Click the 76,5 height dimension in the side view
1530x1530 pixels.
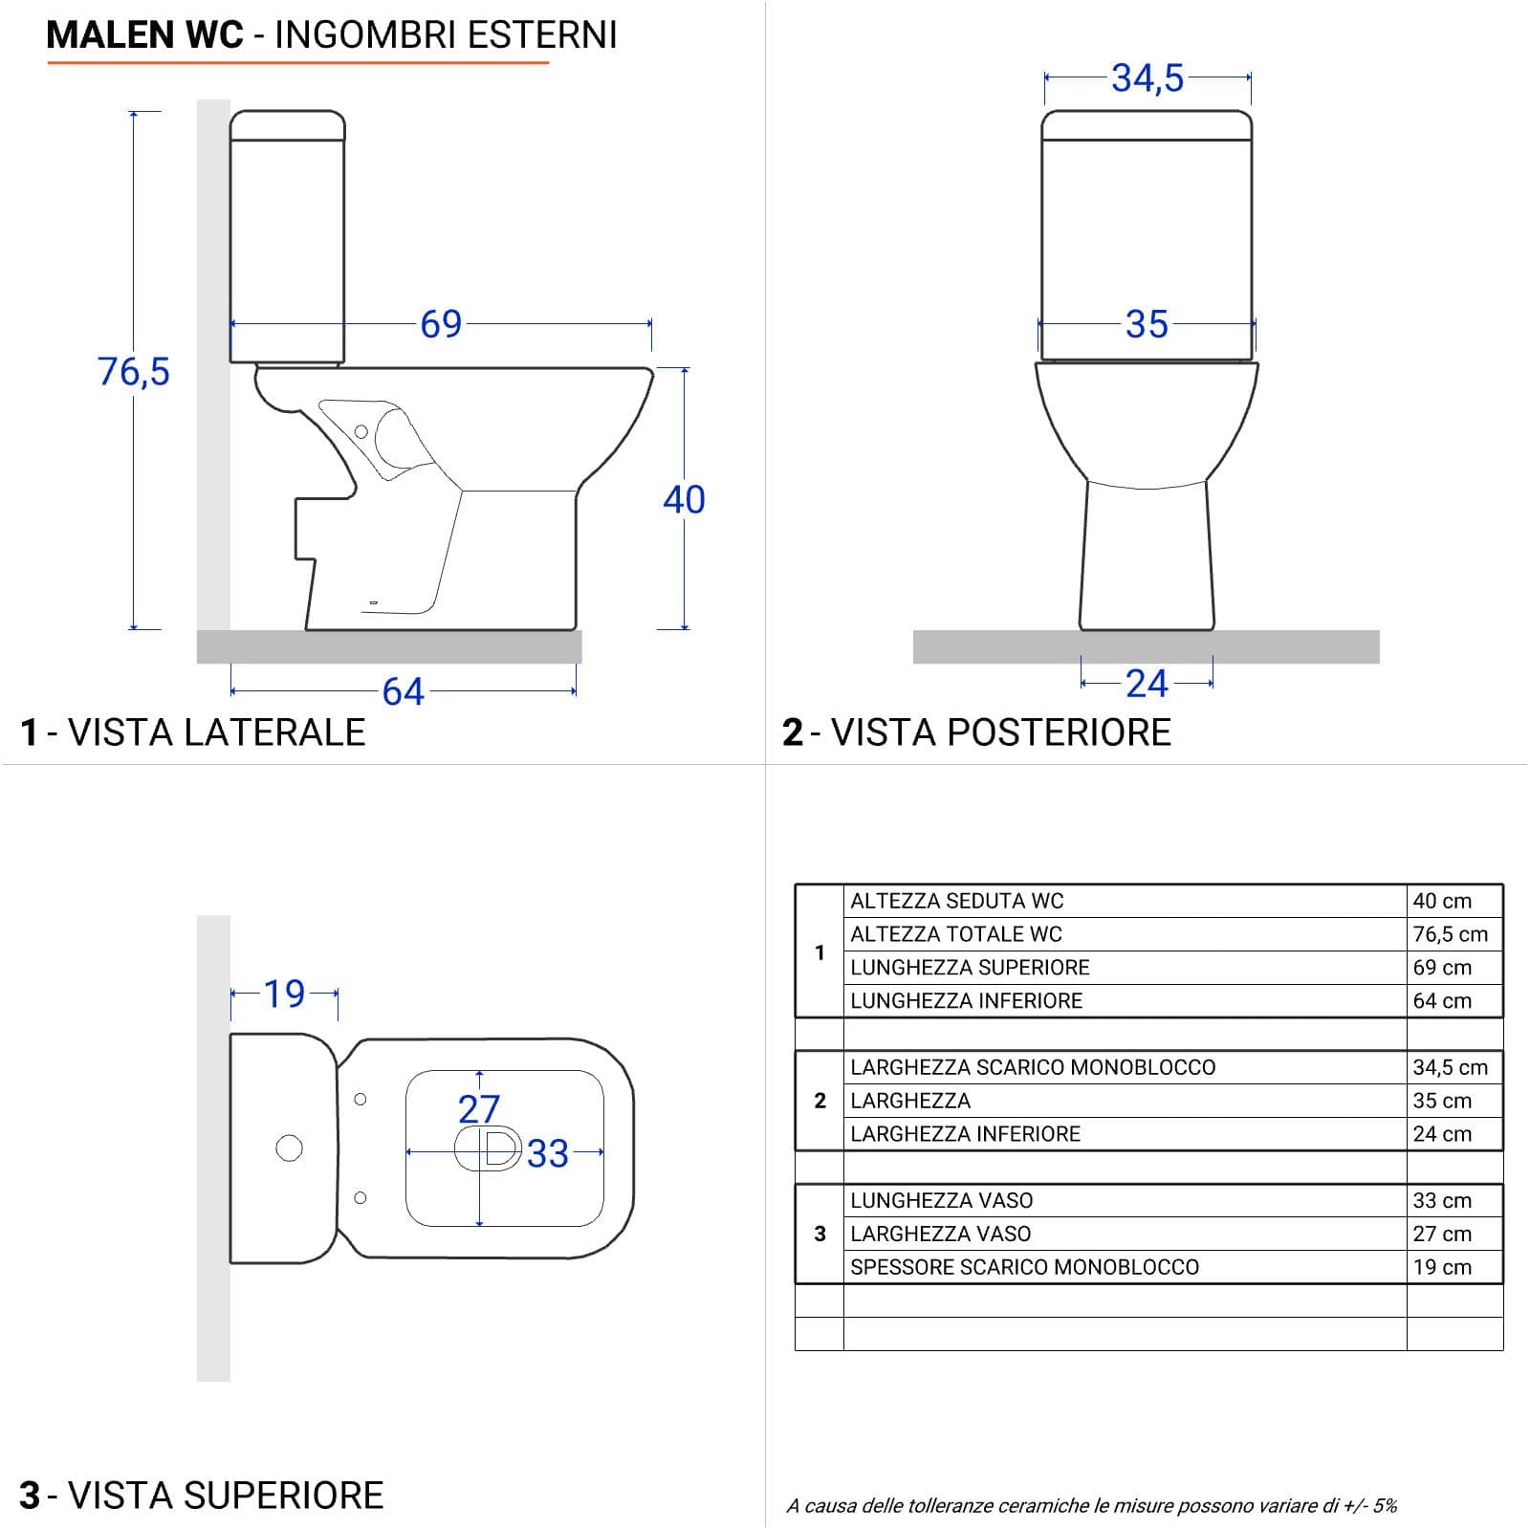pyautogui.click(x=134, y=371)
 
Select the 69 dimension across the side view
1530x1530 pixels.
pyautogui.click(x=441, y=324)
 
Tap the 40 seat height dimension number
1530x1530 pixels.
pyautogui.click(x=684, y=499)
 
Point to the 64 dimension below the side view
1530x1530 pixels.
pyautogui.click(x=403, y=691)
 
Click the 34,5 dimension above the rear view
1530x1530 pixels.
pyautogui.click(x=1147, y=77)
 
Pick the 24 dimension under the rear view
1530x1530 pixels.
pyautogui.click(x=1147, y=684)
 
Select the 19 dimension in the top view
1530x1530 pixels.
pyautogui.click(x=284, y=994)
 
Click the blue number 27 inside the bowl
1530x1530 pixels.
pyautogui.click(x=479, y=1109)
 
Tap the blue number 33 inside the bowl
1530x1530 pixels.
pyautogui.click(x=548, y=1153)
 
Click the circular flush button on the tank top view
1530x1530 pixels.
pyautogui.click(x=289, y=1147)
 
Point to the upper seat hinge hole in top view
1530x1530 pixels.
pyautogui.click(x=361, y=1099)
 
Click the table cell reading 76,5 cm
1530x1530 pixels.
pyautogui.click(x=1451, y=934)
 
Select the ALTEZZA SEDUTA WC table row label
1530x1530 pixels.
pyautogui.click(x=956, y=901)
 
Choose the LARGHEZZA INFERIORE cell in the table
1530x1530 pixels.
pyautogui.click(x=965, y=1134)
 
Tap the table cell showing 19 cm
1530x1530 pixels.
pyautogui.click(x=1442, y=1267)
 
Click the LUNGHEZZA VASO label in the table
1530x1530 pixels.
pyautogui.click(x=941, y=1200)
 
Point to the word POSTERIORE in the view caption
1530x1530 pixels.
pyautogui.click(x=1000, y=732)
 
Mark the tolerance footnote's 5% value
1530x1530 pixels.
pyautogui.click(x=1385, y=1506)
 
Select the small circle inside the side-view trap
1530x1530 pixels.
pyautogui.click(x=361, y=431)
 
